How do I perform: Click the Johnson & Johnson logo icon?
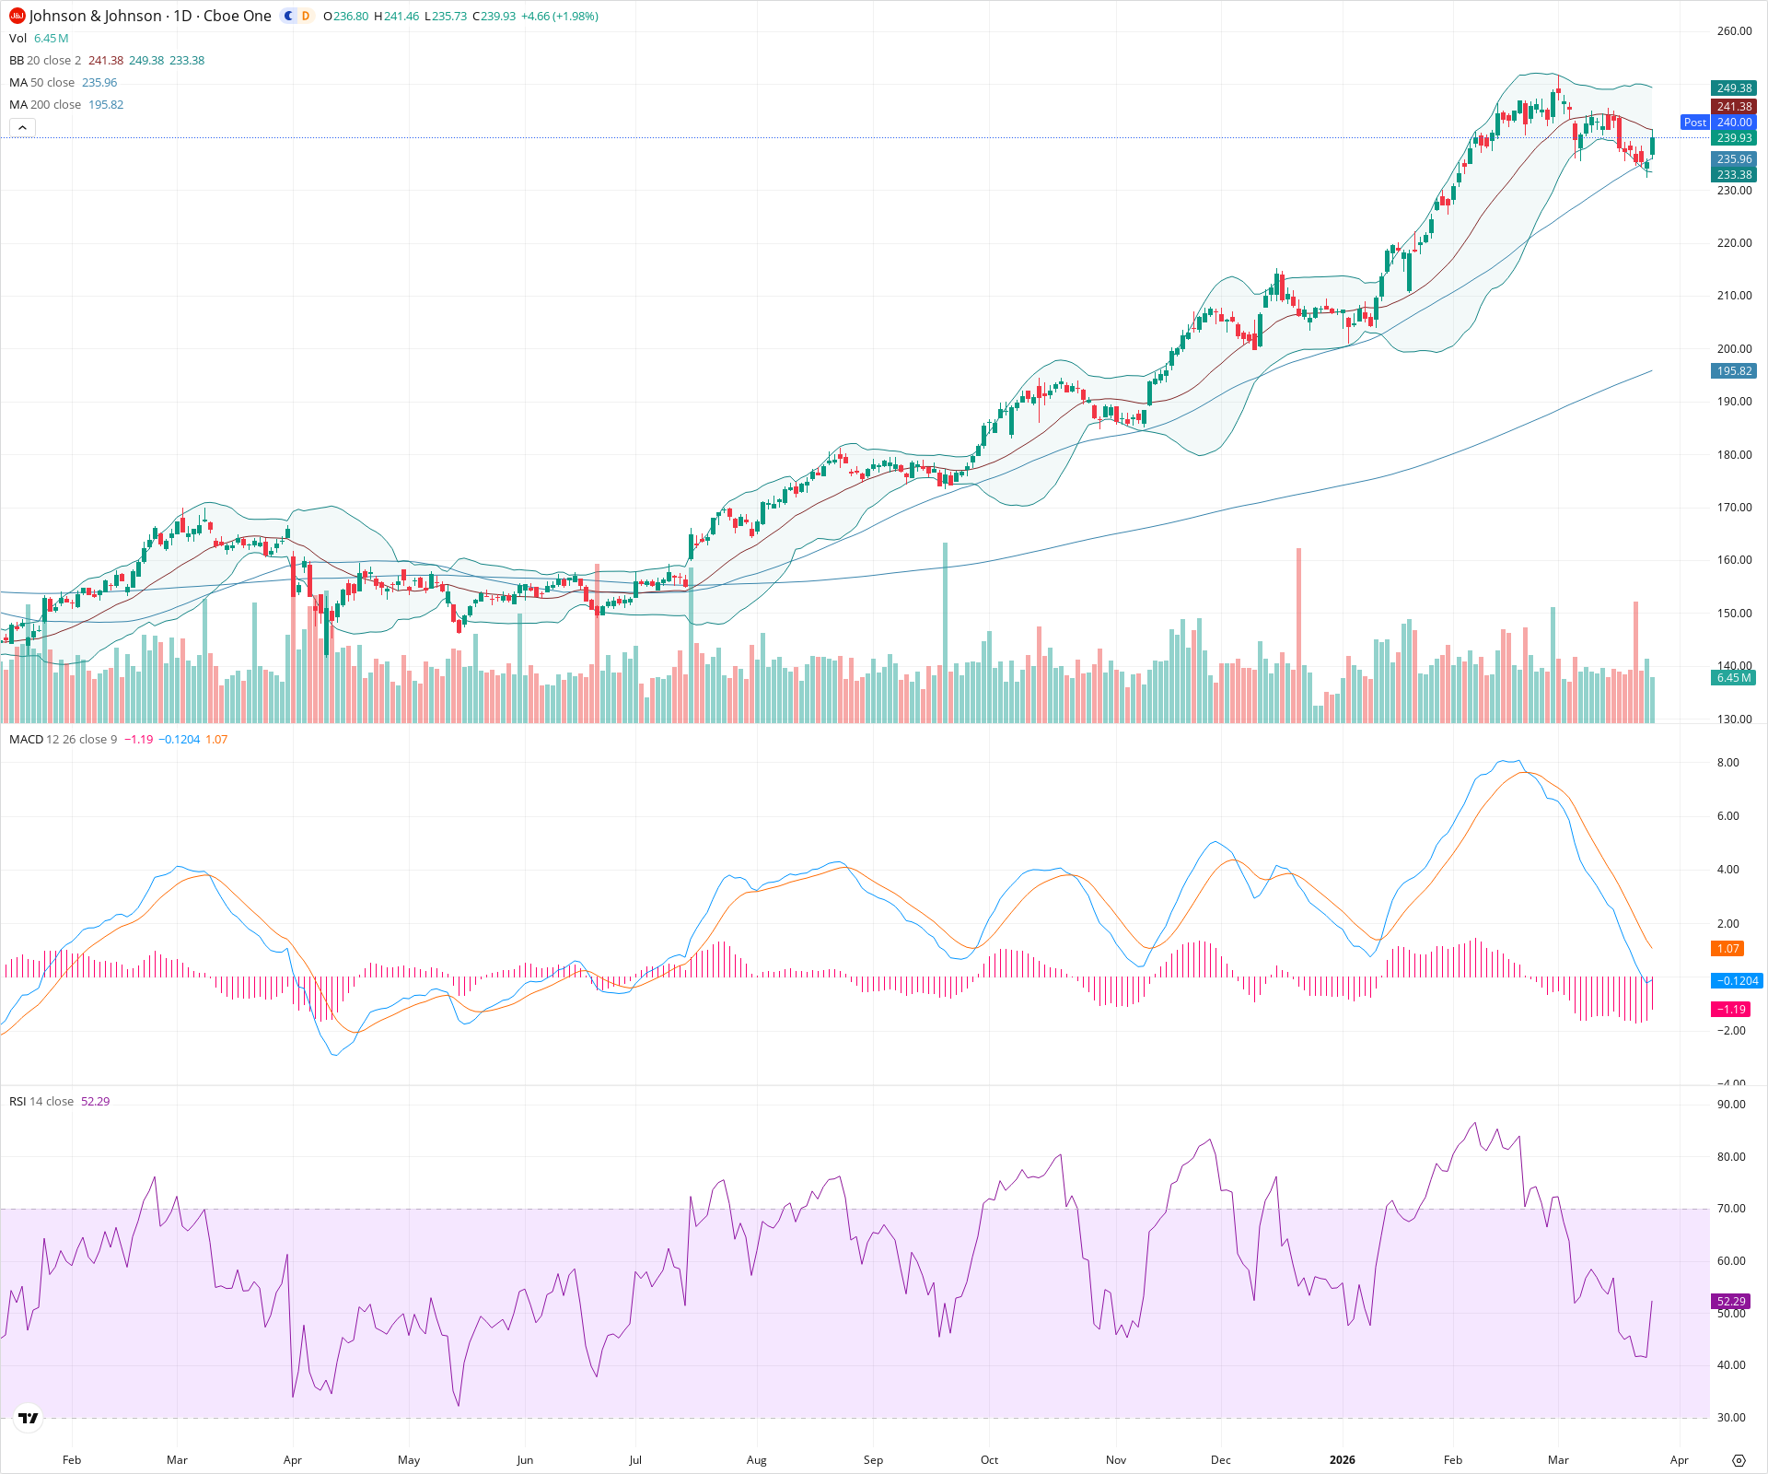pyautogui.click(x=17, y=16)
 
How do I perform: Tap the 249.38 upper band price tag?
pyautogui.click(x=1734, y=88)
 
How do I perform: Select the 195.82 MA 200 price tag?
pyautogui.click(x=1734, y=371)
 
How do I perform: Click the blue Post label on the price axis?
pyautogui.click(x=1694, y=123)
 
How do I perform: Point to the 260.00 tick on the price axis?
pyautogui.click(x=1734, y=31)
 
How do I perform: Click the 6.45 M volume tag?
pyautogui.click(x=1734, y=678)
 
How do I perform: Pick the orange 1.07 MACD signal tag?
pyautogui.click(x=1727, y=949)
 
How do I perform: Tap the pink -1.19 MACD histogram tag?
pyautogui.click(x=1731, y=1010)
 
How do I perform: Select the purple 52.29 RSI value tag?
pyautogui.click(x=1731, y=1302)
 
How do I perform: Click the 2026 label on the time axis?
pyautogui.click(x=1342, y=1460)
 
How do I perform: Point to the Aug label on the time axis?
pyautogui.click(x=756, y=1460)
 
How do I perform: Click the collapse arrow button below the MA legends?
pyautogui.click(x=22, y=127)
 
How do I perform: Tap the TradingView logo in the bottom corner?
pyautogui.click(x=29, y=1418)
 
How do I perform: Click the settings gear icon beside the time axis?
pyautogui.click(x=1739, y=1460)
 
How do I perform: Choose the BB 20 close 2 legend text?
pyautogui.click(x=45, y=61)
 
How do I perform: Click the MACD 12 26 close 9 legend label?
pyautogui.click(x=63, y=740)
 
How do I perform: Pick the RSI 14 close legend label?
pyautogui.click(x=41, y=1102)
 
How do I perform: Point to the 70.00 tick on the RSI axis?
pyautogui.click(x=1731, y=1209)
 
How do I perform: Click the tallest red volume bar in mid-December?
pyautogui.click(x=1298, y=636)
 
